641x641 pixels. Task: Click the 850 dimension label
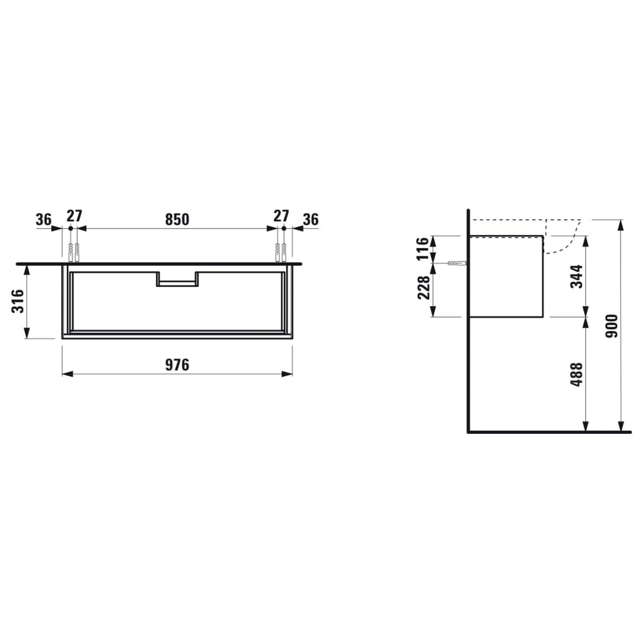pyautogui.click(x=177, y=219)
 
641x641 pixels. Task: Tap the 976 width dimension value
pyautogui.click(x=177, y=365)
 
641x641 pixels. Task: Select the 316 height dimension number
pyautogui.click(x=18, y=301)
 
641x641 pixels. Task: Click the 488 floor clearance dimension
pyautogui.click(x=576, y=374)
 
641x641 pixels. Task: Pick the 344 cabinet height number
pyautogui.click(x=576, y=276)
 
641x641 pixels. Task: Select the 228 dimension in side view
pyautogui.click(x=424, y=287)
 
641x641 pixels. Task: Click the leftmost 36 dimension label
pyautogui.click(x=43, y=219)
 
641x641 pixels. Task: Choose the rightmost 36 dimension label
pyautogui.click(x=311, y=219)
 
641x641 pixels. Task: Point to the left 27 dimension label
pyautogui.click(x=74, y=216)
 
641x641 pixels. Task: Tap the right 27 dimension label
pyautogui.click(x=281, y=216)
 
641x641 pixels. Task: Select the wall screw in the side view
pyautogui.click(x=457, y=263)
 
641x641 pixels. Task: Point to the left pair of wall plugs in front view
pyautogui.click(x=74, y=253)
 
